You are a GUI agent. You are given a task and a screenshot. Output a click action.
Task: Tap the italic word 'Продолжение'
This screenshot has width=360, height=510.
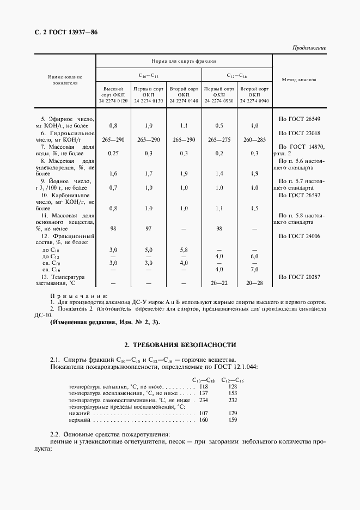pos(308,48)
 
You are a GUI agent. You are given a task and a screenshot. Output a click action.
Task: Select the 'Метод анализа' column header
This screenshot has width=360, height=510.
pos(299,80)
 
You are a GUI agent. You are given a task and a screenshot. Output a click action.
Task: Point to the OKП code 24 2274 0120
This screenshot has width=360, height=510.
pos(113,101)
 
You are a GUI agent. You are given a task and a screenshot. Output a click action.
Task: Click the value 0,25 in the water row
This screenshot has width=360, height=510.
pos(113,154)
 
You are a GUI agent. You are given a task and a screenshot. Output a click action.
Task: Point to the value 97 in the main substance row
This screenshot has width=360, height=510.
pos(149,229)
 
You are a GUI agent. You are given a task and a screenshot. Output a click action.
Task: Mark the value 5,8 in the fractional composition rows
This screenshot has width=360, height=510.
pos(184,249)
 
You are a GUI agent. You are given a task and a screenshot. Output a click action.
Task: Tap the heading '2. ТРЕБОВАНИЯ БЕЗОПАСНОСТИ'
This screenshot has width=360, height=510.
pos(180,345)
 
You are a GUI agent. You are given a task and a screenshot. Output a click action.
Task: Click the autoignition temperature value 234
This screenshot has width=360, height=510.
pos(204,399)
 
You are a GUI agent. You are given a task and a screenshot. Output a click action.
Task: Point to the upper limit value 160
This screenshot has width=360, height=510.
pos(204,420)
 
